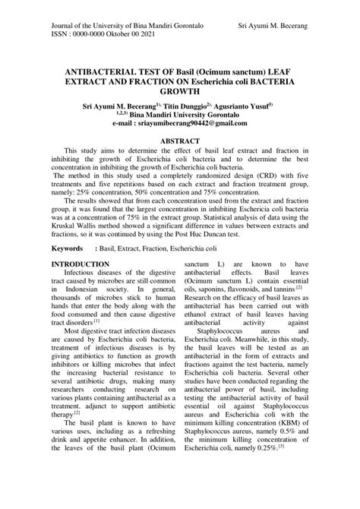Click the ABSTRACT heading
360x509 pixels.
[x=179, y=141]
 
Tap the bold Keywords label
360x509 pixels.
[x=68, y=248]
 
